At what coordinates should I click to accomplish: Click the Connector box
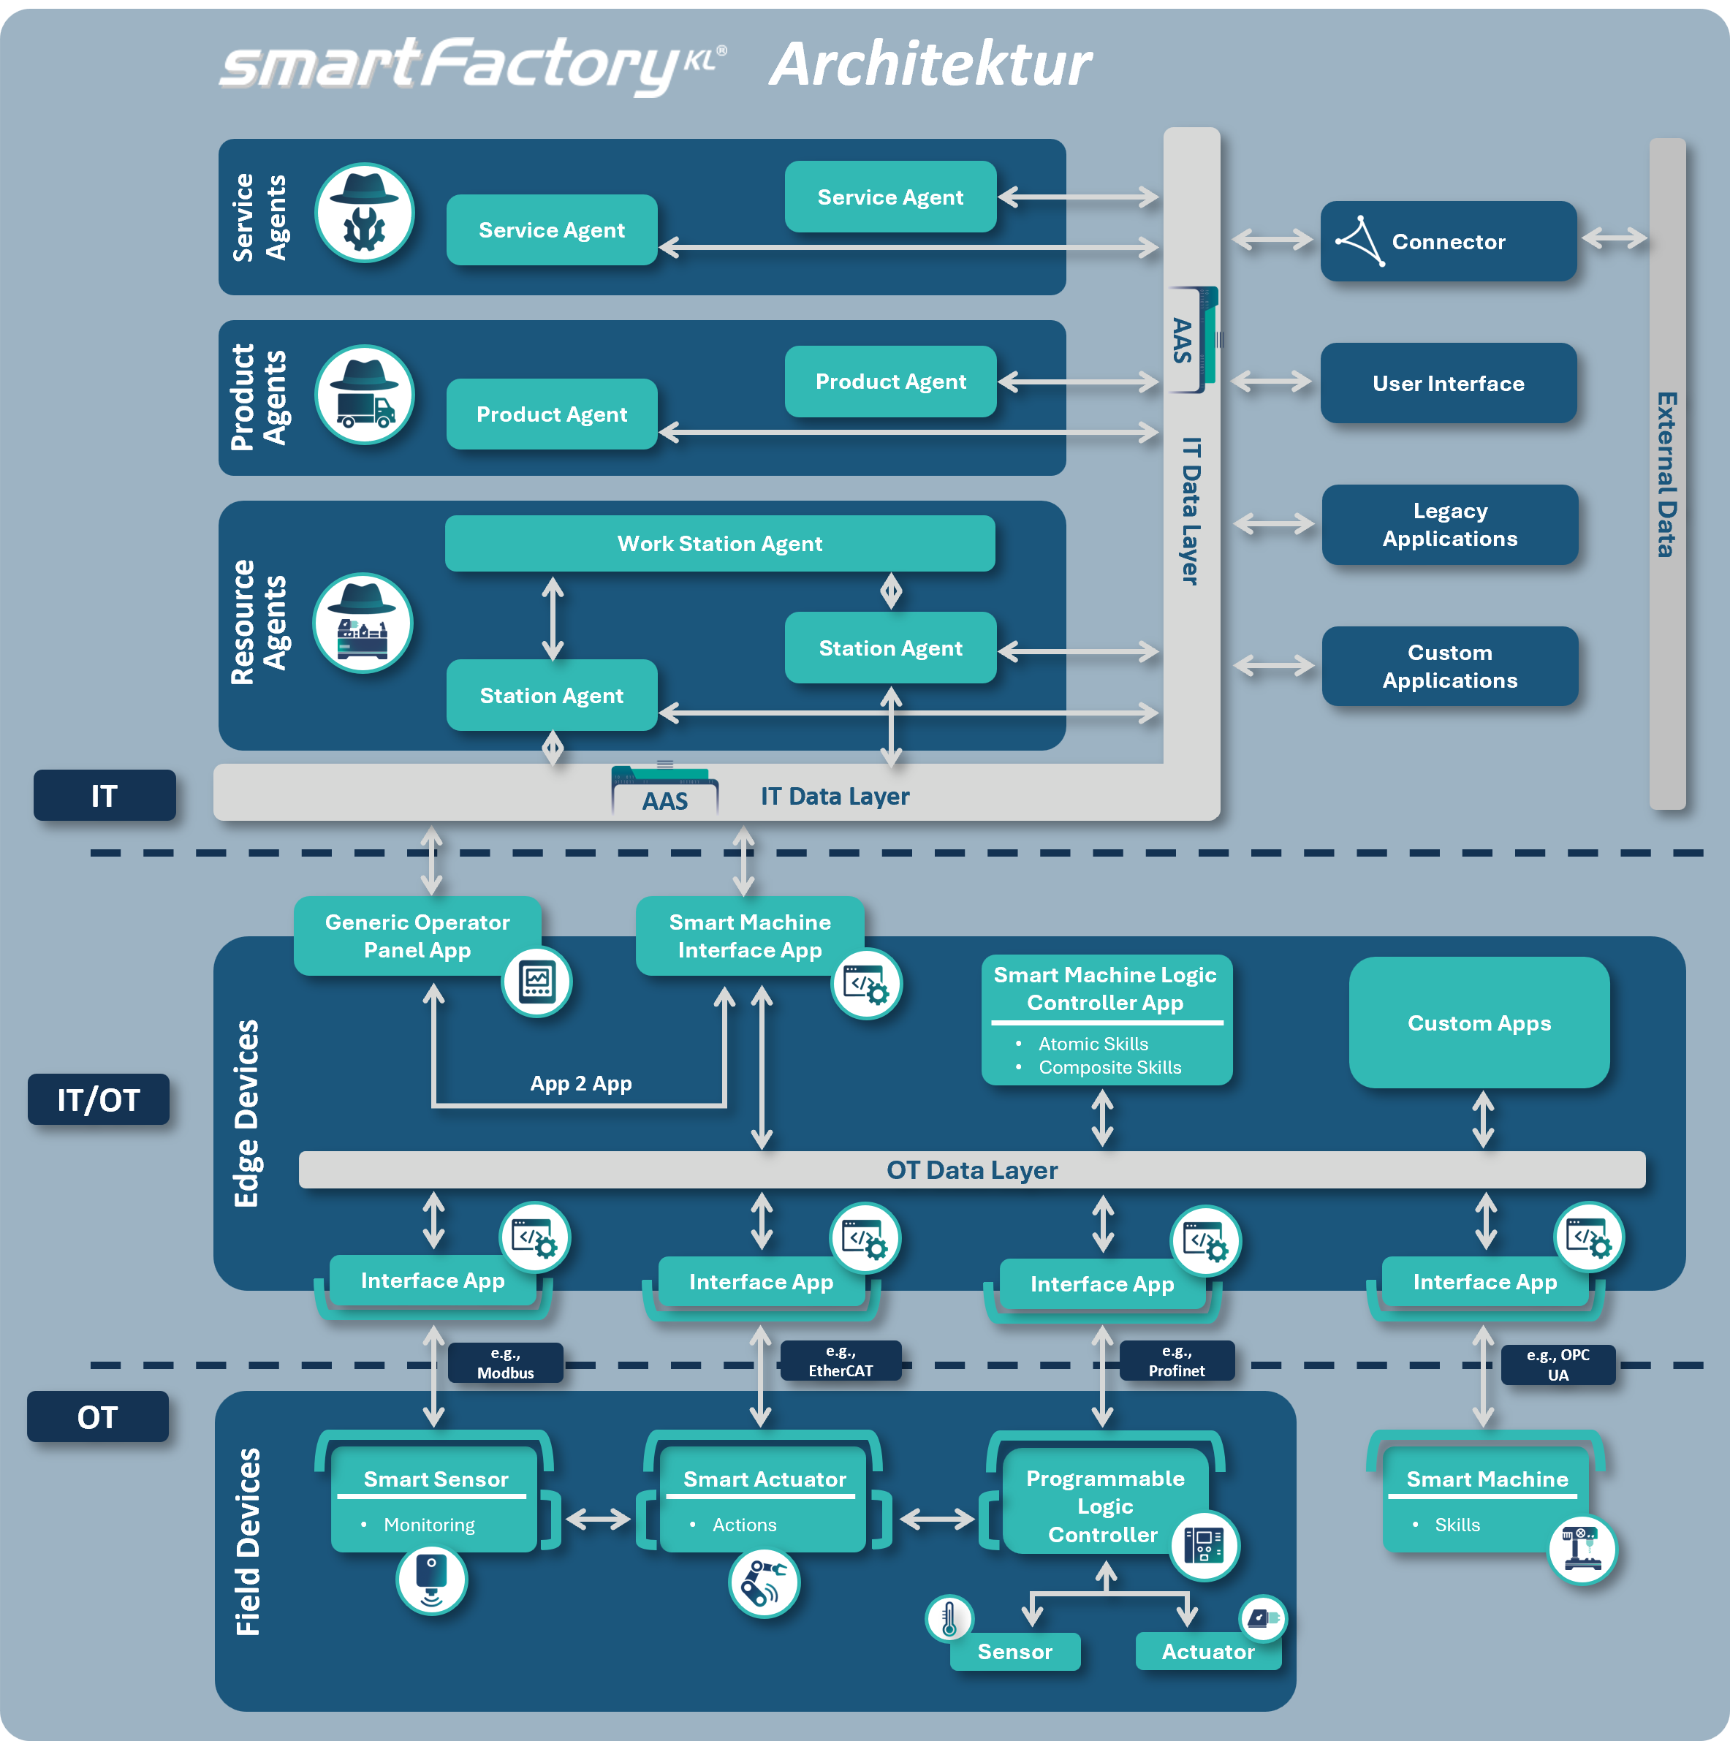1448,241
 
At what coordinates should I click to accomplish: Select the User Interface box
1448,383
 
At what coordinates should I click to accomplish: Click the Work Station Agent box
719,543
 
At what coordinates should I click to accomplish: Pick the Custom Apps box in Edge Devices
1479,1023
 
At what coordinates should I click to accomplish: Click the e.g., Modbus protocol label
506,1362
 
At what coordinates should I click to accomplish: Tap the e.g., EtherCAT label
840,1361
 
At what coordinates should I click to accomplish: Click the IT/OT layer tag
98,1099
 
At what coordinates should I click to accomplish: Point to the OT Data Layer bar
971,1169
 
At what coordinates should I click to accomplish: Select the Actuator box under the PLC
1207,1652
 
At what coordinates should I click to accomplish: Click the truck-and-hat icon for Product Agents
365,395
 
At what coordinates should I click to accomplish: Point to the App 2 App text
580,1083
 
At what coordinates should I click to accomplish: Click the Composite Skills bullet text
1109,1068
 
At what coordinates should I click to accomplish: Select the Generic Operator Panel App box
417,936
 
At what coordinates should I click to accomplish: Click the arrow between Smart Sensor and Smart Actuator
597,1520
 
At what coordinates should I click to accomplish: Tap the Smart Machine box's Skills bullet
1457,1525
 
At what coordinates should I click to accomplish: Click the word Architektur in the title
930,65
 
